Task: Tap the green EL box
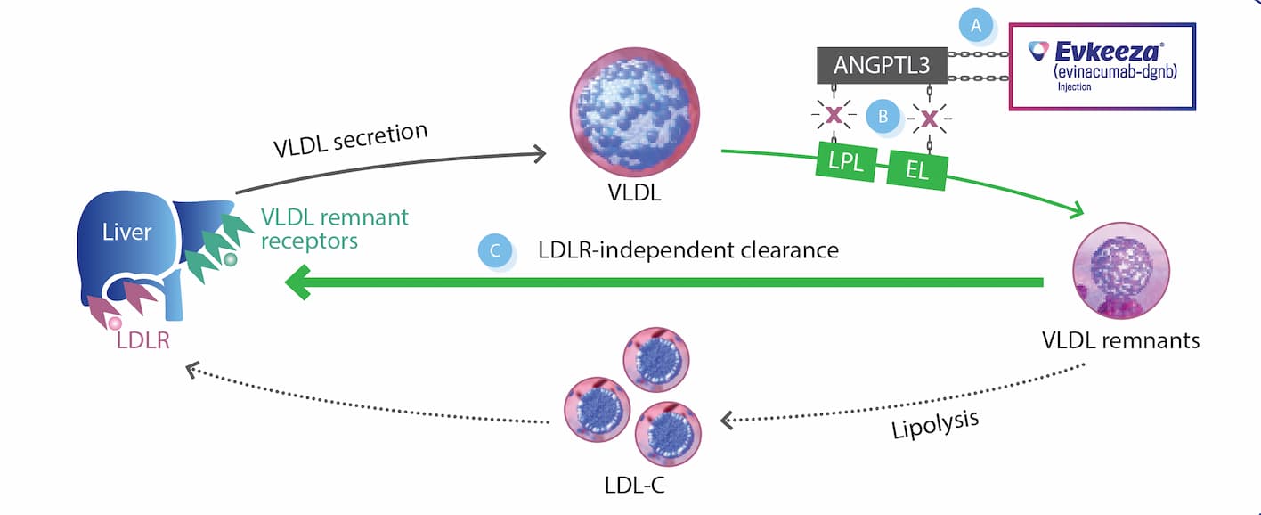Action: pos(917,169)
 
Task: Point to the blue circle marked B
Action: pos(883,115)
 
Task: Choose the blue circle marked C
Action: pos(495,251)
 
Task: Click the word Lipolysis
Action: pos(935,425)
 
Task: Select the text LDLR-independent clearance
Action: pos(687,250)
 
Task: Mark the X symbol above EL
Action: pos(930,118)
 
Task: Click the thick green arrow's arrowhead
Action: pos(299,284)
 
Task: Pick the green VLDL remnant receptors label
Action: pos(334,228)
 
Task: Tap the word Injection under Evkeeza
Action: pos(1074,87)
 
